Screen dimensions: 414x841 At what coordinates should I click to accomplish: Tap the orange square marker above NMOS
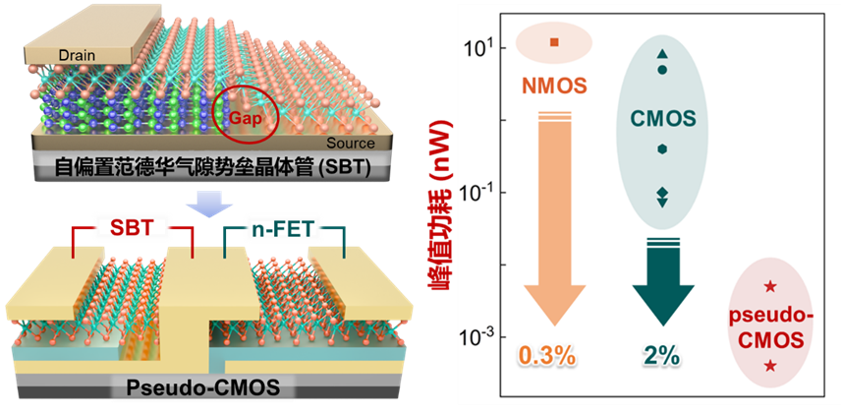pyautogui.click(x=554, y=42)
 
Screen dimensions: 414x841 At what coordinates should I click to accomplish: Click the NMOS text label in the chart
pyautogui.click(x=554, y=86)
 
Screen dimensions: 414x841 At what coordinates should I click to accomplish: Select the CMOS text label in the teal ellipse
pyautogui.click(x=663, y=119)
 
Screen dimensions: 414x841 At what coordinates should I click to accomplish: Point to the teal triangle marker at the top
pyautogui.click(x=662, y=52)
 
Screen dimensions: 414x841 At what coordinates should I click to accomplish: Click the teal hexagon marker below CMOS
pyautogui.click(x=662, y=149)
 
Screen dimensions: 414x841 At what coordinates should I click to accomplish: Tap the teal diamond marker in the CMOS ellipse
pyautogui.click(x=662, y=192)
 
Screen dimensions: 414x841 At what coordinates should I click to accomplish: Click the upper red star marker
pyautogui.click(x=771, y=286)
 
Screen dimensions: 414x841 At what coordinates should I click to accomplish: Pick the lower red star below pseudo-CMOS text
pyautogui.click(x=771, y=366)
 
